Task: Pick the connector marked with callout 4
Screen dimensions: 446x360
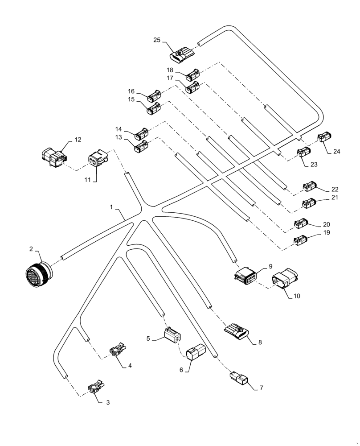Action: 117,350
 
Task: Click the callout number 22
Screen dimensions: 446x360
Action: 335,189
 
